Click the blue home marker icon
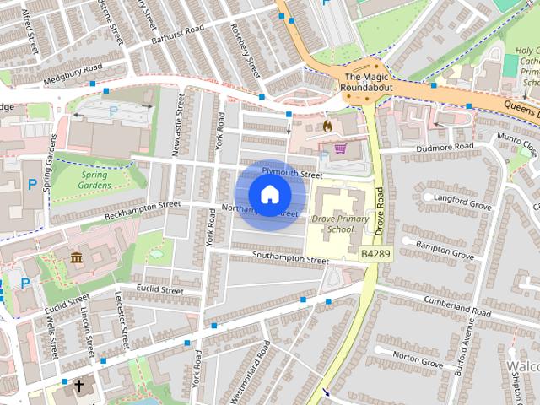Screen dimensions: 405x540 tap(269, 195)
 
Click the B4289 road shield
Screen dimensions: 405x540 tap(376, 252)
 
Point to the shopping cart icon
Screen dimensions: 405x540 tap(341, 148)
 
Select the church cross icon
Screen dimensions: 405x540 tap(78, 387)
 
